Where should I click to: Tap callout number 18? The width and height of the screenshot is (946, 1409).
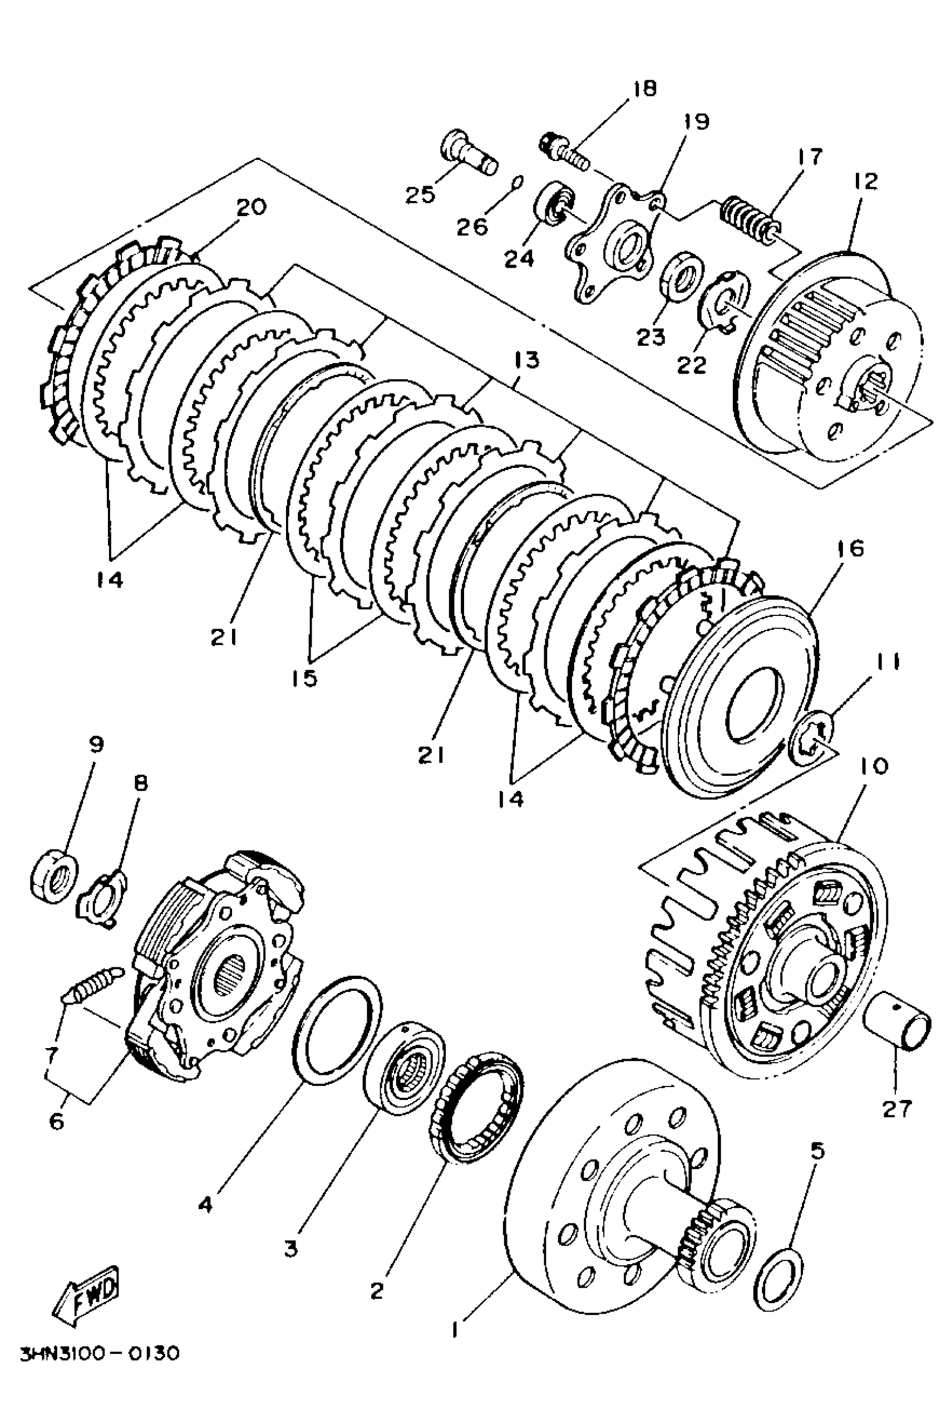[644, 89]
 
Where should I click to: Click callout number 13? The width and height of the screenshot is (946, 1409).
[526, 360]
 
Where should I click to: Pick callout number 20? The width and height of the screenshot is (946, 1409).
[251, 207]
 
